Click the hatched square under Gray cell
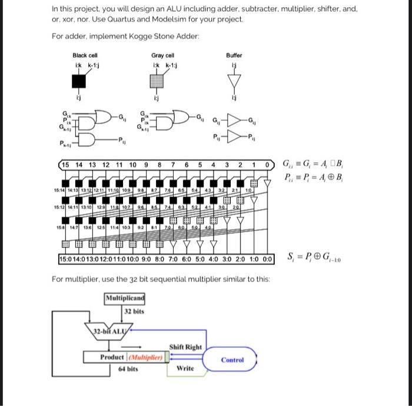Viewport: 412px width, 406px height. pyautogui.click(x=157, y=79)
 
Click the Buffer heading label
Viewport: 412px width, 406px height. pyautogui.click(x=234, y=55)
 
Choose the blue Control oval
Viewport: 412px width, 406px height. pyautogui.click(x=232, y=360)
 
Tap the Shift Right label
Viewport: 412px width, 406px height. pyautogui.click(x=185, y=347)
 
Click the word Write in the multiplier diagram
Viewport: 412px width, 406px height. pyautogui.click(x=185, y=368)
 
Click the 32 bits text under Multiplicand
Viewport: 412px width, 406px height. pyautogui.click(x=134, y=311)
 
